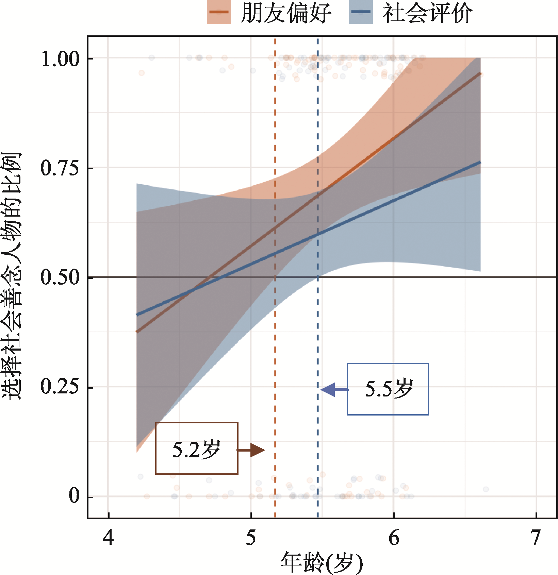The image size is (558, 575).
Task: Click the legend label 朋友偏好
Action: click(x=286, y=13)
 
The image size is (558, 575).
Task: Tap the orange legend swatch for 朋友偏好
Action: click(x=219, y=12)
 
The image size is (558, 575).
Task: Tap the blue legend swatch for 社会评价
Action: click(x=361, y=12)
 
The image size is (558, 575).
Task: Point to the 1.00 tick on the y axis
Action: click(x=60, y=58)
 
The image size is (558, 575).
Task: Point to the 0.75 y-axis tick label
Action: click(x=60, y=168)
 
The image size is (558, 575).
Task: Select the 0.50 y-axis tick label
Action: click(x=60, y=277)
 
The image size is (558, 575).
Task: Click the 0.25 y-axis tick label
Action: click(x=60, y=387)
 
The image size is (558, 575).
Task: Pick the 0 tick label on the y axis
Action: click(x=74, y=496)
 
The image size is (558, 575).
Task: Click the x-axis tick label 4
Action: click(x=108, y=538)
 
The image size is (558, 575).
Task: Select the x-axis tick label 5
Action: click(x=251, y=538)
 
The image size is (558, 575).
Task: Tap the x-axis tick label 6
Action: click(x=394, y=538)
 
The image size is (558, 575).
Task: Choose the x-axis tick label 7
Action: click(x=536, y=538)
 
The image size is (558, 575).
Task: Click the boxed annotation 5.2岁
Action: click(x=197, y=449)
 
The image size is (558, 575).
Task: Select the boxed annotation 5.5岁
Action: click(x=388, y=389)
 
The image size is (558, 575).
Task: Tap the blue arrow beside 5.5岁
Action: click(x=333, y=390)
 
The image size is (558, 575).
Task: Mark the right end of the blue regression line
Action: click(x=480, y=163)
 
